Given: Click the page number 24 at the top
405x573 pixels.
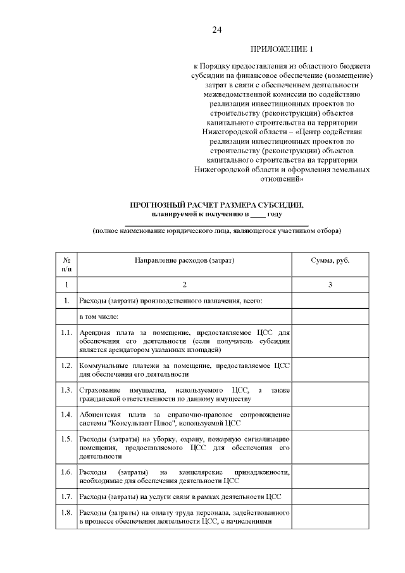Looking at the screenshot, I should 217,30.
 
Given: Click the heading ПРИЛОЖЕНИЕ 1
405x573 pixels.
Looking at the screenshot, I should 282,49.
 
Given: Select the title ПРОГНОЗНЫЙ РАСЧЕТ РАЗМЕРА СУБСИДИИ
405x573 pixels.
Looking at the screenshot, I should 216,205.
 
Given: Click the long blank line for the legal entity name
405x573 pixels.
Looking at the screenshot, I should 216,224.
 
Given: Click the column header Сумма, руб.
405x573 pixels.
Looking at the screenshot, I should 330,260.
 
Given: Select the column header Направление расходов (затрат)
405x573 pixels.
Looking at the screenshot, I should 184,260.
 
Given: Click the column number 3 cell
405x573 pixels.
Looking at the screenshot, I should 330,284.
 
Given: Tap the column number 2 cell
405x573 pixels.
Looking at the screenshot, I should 184,284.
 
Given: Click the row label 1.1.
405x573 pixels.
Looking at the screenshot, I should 66,332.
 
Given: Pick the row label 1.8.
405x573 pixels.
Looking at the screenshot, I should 66,512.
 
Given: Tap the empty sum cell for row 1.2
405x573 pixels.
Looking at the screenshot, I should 330,370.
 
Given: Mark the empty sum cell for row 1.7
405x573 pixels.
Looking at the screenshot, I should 330,495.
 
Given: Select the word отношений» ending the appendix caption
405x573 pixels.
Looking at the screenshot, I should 282,179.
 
